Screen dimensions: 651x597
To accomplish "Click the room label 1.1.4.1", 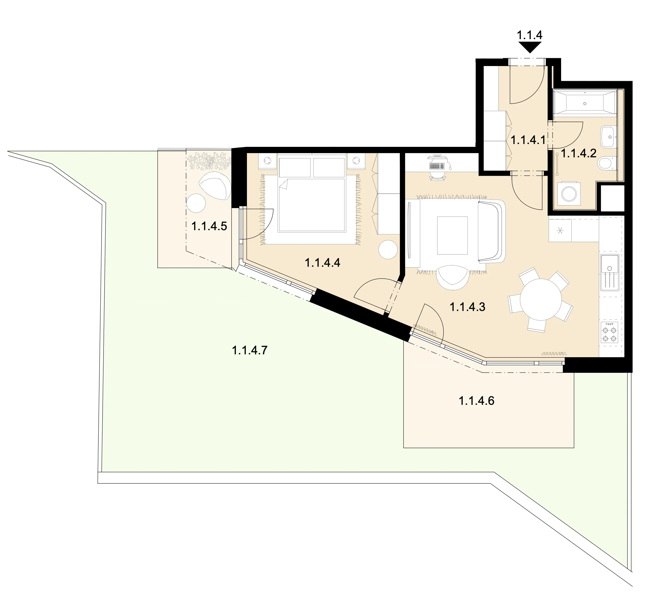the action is (x=528, y=140).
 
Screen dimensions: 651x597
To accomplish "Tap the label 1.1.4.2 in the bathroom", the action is (x=578, y=153).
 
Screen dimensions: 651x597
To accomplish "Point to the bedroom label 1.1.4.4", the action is (x=322, y=263).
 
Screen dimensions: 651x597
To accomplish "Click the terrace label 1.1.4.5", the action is (x=209, y=226).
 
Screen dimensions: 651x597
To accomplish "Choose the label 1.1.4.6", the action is (x=477, y=401).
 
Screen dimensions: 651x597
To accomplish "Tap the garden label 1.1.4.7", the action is (x=250, y=350).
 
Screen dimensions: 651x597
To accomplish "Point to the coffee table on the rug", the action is (x=452, y=236).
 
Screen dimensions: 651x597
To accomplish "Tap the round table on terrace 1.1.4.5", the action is (x=196, y=203).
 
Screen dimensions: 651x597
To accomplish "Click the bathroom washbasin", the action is (x=608, y=137).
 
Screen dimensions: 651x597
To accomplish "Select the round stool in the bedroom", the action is (x=388, y=249).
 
